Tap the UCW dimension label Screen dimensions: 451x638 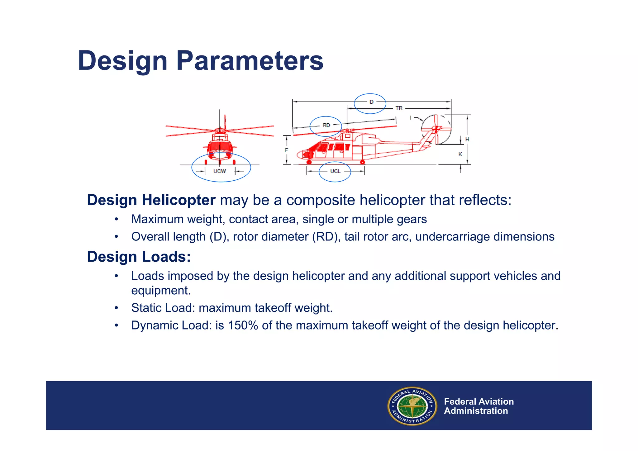(x=220, y=171)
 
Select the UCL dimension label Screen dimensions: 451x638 (x=335, y=171)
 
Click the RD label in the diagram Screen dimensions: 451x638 (x=326, y=125)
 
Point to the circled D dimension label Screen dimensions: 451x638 (x=371, y=102)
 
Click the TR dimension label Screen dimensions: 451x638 (x=399, y=108)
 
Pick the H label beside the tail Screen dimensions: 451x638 (x=467, y=139)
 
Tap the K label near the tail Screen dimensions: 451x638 (x=460, y=154)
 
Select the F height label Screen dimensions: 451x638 (x=286, y=150)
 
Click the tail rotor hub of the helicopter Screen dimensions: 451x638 (x=436, y=128)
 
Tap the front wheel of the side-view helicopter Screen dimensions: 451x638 (x=309, y=162)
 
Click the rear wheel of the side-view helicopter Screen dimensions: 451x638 (x=362, y=162)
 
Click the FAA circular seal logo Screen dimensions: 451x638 (x=412, y=406)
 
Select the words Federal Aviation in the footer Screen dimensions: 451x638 (x=478, y=401)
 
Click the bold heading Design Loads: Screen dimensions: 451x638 (x=139, y=257)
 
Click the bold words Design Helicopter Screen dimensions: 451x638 (x=151, y=200)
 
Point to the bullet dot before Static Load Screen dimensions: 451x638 (x=116, y=308)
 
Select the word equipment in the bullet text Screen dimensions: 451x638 (x=160, y=290)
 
